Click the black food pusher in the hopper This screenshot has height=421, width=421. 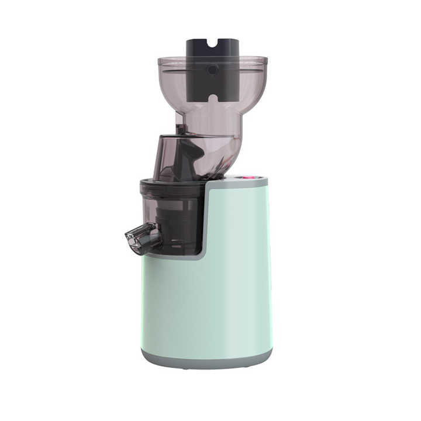212,76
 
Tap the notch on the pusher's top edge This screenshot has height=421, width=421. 213,42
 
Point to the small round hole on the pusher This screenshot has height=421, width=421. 213,70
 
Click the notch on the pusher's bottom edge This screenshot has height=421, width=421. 213,97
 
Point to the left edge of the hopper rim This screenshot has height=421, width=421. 159,60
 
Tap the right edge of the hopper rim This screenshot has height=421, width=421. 266,60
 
